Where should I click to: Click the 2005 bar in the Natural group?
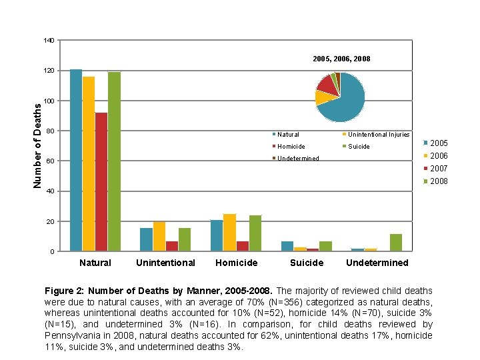76,160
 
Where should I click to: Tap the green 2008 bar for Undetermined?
396,243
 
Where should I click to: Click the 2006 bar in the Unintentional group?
159,236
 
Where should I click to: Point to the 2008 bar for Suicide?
325,246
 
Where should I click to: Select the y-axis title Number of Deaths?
38,144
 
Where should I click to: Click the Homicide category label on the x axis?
236,263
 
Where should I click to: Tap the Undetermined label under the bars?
377,263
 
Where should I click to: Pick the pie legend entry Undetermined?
297,159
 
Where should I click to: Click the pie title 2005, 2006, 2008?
341,59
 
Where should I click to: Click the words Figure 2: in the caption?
63,291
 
